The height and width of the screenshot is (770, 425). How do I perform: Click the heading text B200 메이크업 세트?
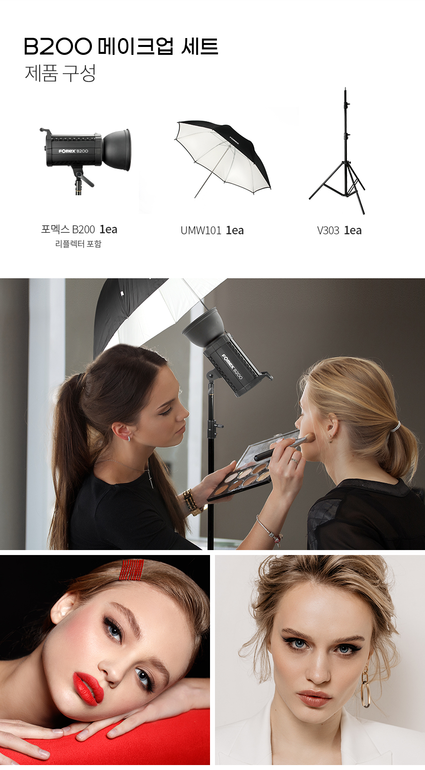click(x=121, y=46)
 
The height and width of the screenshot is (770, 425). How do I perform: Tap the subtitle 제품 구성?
click(x=60, y=73)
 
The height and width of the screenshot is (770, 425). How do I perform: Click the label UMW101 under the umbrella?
click(x=201, y=230)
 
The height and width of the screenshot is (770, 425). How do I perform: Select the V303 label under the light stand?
click(x=328, y=230)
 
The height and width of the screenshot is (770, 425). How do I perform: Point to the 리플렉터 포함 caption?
click(x=79, y=244)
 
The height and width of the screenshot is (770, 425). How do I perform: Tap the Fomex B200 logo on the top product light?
click(x=73, y=151)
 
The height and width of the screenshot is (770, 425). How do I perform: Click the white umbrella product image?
click(x=223, y=158)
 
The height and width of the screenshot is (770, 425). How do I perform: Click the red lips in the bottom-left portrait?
click(x=88, y=689)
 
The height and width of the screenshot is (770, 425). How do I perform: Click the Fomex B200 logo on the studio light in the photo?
click(x=232, y=366)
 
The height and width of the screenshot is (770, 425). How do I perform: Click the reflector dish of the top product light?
click(x=117, y=150)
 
